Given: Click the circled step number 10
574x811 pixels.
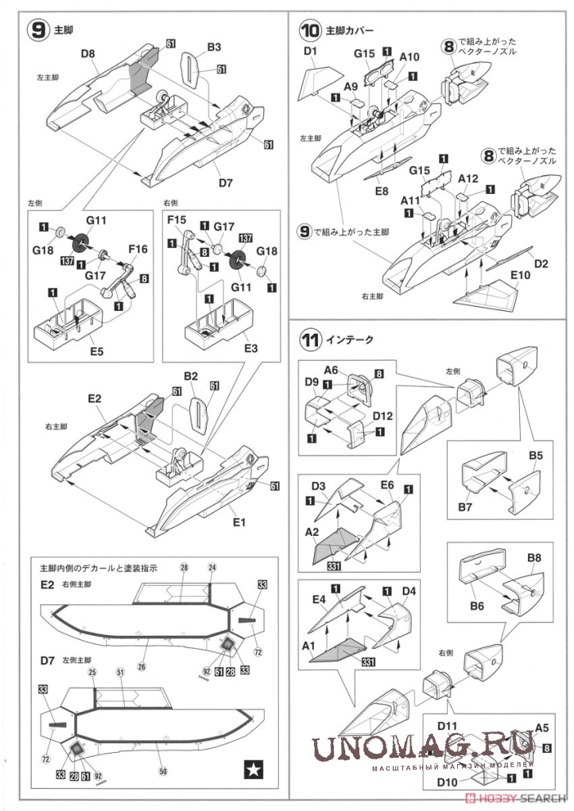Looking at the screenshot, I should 310,31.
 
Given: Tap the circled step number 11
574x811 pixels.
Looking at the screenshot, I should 310,340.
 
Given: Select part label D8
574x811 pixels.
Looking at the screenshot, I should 88,54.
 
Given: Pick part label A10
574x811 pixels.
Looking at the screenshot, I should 410,57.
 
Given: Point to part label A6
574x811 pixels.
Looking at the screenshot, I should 331,369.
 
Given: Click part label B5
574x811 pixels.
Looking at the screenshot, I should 536,456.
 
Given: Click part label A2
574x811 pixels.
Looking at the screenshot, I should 312,532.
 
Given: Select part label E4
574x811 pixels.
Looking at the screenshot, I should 319,599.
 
